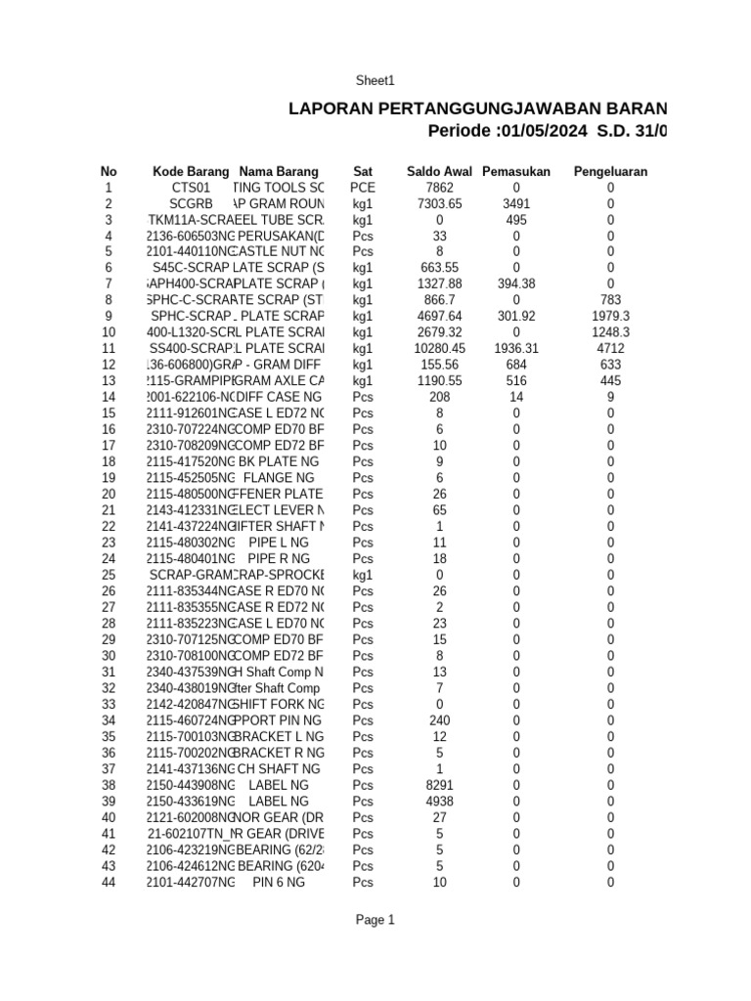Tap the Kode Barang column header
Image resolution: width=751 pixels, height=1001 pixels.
click(191, 171)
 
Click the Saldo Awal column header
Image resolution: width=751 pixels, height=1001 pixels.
click(439, 171)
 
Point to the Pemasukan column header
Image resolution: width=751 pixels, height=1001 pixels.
click(516, 171)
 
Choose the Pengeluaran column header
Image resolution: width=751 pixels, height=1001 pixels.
click(610, 171)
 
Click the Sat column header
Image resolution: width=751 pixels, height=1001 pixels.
click(363, 171)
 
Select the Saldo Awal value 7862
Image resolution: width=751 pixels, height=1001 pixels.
click(439, 188)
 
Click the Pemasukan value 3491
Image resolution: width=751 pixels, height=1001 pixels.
click(516, 203)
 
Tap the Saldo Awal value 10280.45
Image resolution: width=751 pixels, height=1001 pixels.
click(439, 348)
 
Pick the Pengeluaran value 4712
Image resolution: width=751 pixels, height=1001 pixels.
click(610, 348)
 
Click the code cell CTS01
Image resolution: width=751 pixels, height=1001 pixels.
click(191, 188)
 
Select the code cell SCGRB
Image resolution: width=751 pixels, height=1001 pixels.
click(191, 203)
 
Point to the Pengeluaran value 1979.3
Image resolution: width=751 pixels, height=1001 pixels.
click(610, 317)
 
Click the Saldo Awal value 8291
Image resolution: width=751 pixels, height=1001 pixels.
click(439, 785)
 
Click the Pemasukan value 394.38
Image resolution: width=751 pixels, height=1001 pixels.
click(516, 284)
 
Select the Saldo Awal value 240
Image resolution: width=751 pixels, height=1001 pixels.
click(439, 720)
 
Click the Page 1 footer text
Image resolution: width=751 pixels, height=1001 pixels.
click(375, 920)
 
